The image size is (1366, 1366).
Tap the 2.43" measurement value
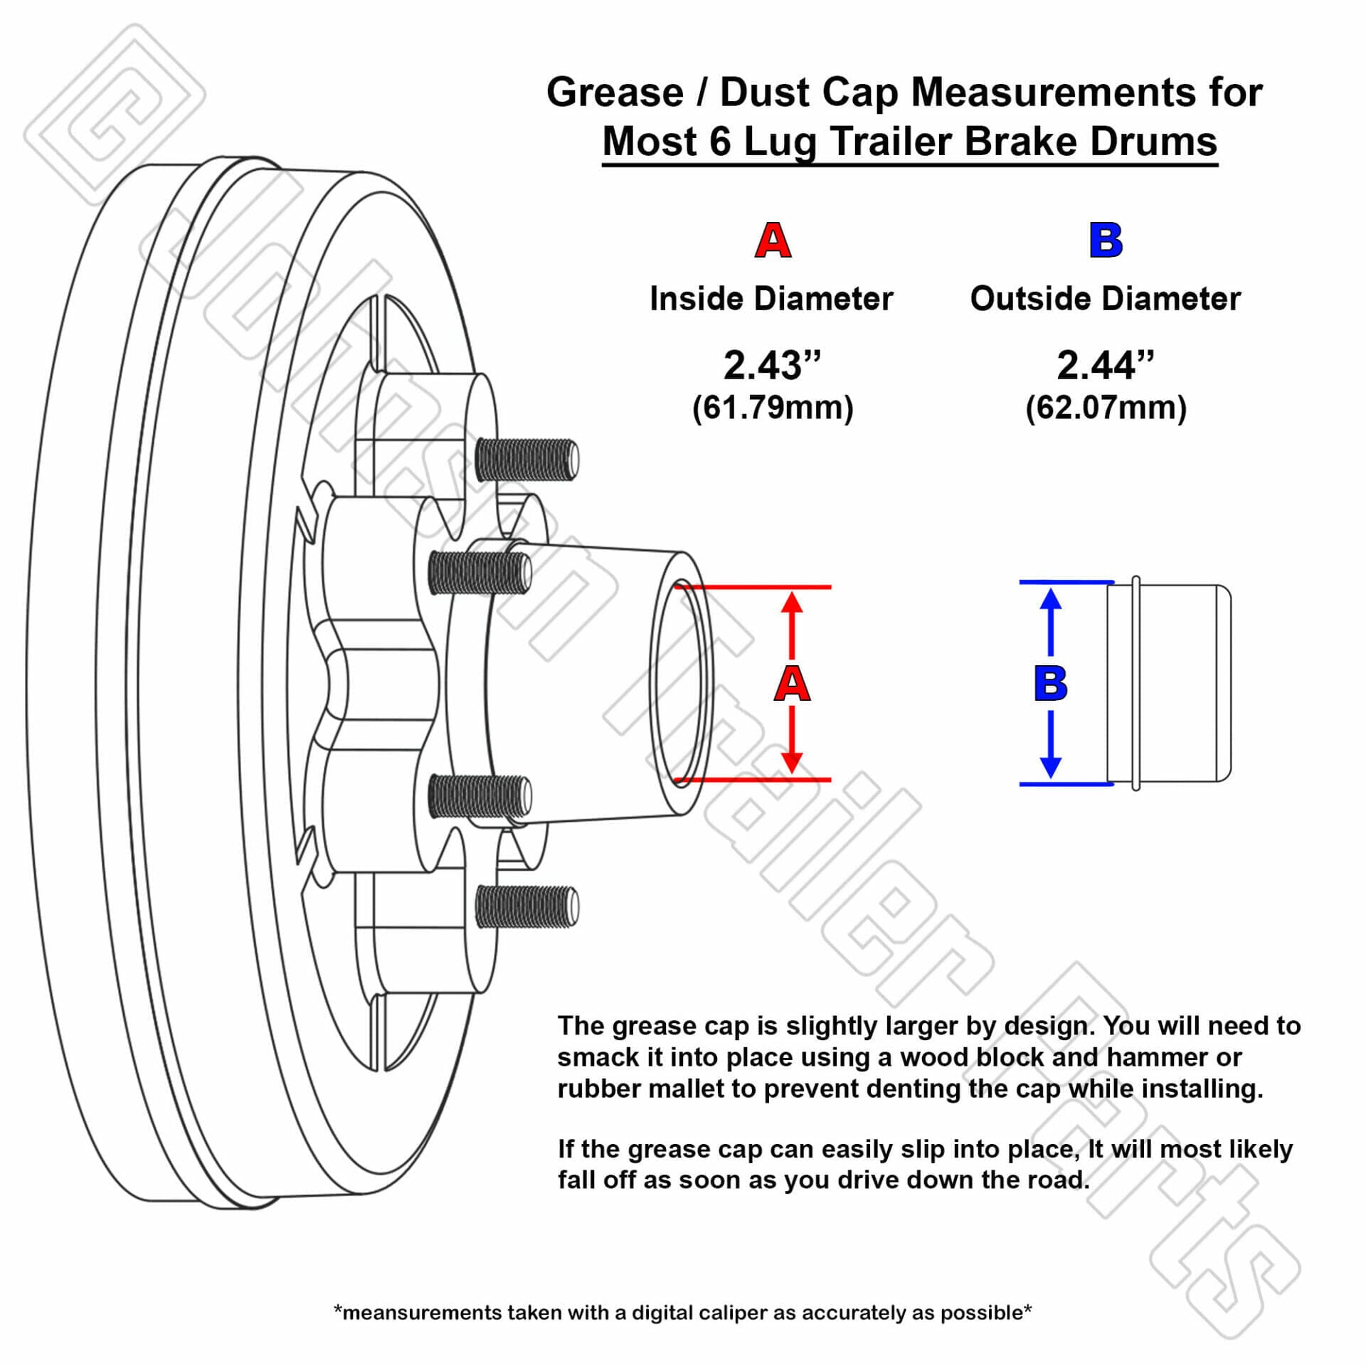pos(772,366)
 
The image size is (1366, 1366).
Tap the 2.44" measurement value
pos(1105,366)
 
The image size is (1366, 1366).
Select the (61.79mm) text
pos(773,408)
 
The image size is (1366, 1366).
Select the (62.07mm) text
pos(1106,408)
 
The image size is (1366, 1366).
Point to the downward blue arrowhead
pos(1051,767)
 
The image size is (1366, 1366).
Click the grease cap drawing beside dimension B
pos(1170,683)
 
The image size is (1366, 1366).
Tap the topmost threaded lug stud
pos(526,459)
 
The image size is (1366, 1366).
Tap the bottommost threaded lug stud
pos(526,906)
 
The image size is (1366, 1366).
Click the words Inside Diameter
pos(771,299)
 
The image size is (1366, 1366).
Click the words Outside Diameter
pos(1105,299)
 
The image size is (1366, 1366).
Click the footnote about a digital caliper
pos(682,1313)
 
